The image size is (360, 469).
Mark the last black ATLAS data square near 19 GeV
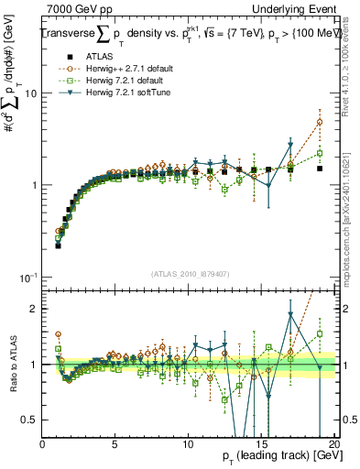coord(320,169)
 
